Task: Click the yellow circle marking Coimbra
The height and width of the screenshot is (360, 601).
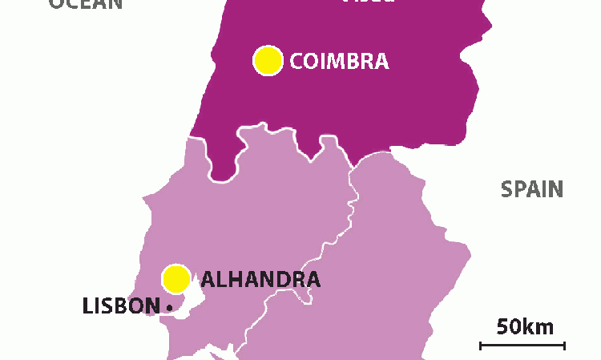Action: point(268,60)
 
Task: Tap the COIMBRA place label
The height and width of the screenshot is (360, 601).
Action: point(339,61)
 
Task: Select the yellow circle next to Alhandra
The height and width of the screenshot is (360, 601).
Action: point(175,279)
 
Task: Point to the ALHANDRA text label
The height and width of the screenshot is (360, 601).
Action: point(260,280)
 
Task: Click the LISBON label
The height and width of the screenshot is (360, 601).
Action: point(121,305)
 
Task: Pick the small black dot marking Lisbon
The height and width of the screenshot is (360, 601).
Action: point(170,307)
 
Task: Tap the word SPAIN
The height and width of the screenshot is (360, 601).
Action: point(532,190)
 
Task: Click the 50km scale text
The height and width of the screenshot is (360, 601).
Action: point(525,326)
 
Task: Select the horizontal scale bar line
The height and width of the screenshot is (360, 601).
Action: point(522,346)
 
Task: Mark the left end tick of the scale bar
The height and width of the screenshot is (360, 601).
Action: point(481,346)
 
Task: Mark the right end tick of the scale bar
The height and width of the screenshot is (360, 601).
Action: point(565,346)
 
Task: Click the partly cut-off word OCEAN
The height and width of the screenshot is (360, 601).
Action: point(86,3)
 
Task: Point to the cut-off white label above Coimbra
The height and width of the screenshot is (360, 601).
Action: point(369,2)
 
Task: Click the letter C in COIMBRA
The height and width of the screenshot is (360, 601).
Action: point(297,61)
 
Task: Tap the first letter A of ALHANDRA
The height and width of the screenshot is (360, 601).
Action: point(209,280)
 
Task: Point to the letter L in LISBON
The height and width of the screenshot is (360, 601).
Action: point(87,305)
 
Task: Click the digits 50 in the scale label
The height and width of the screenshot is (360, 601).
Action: point(508,326)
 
